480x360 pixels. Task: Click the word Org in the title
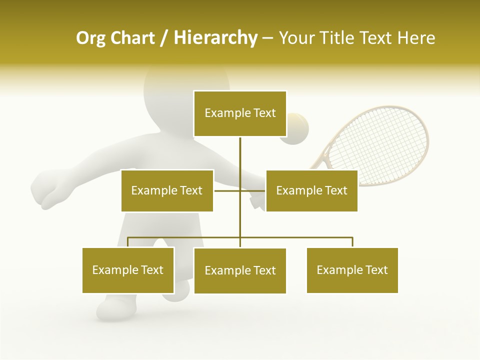click(x=90, y=38)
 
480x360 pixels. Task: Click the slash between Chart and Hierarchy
click(x=163, y=38)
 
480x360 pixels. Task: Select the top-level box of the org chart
click(x=240, y=113)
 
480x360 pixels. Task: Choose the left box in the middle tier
click(x=167, y=190)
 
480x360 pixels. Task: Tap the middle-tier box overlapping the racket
click(x=311, y=190)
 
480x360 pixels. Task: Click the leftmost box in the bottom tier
click(x=128, y=270)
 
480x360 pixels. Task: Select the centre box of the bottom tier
click(x=240, y=270)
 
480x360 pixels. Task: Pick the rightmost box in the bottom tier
click(x=352, y=270)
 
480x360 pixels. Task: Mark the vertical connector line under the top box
click(x=240, y=160)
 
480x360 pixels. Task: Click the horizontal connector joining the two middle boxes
click(x=228, y=190)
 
